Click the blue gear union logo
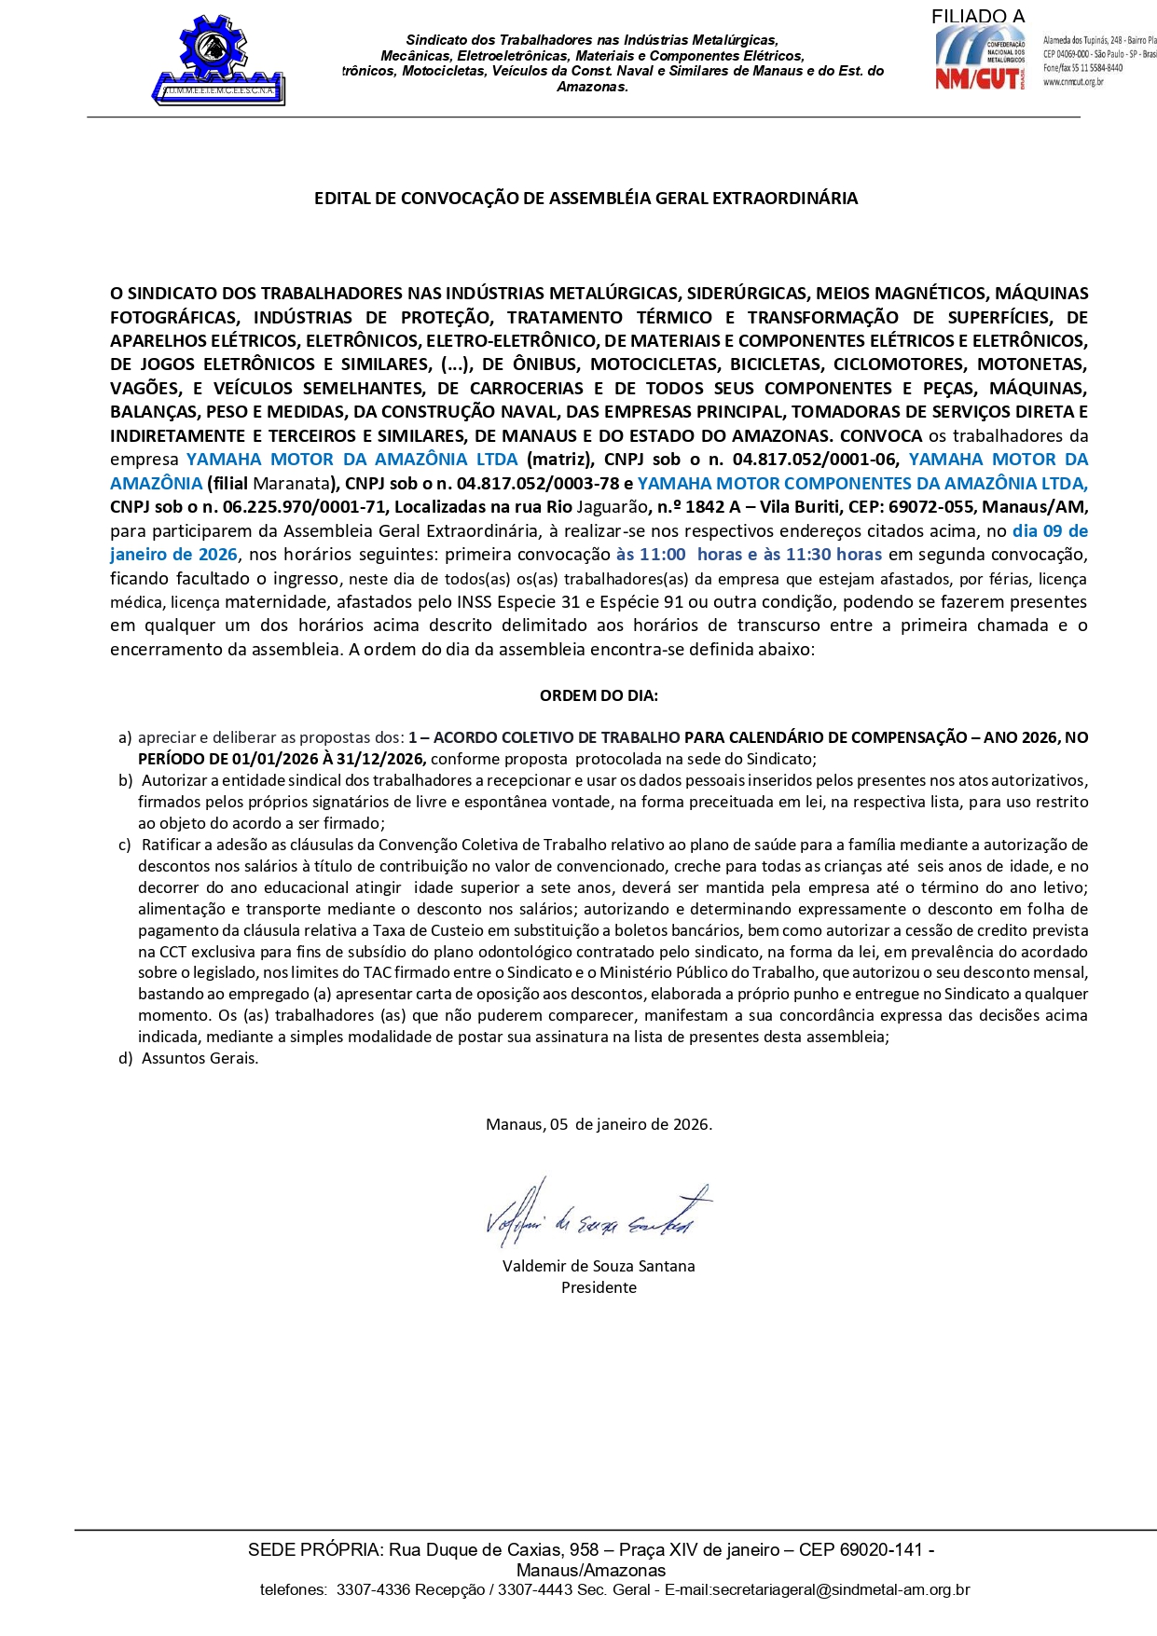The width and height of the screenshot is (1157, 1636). tap(218, 59)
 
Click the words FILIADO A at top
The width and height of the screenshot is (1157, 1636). tap(977, 17)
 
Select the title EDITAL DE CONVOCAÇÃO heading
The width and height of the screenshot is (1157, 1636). tap(585, 199)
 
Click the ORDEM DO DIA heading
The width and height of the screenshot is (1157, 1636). tap(599, 695)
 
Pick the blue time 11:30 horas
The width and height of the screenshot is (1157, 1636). tap(833, 555)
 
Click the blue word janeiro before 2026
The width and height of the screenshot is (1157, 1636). tap(142, 555)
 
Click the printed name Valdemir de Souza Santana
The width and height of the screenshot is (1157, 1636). tap(599, 1266)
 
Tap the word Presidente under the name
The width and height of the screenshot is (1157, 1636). tap(599, 1287)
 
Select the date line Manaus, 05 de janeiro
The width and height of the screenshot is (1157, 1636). tap(599, 1124)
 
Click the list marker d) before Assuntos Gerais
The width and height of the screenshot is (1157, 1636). tap(125, 1058)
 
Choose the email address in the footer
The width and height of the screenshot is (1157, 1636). tap(840, 1589)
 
